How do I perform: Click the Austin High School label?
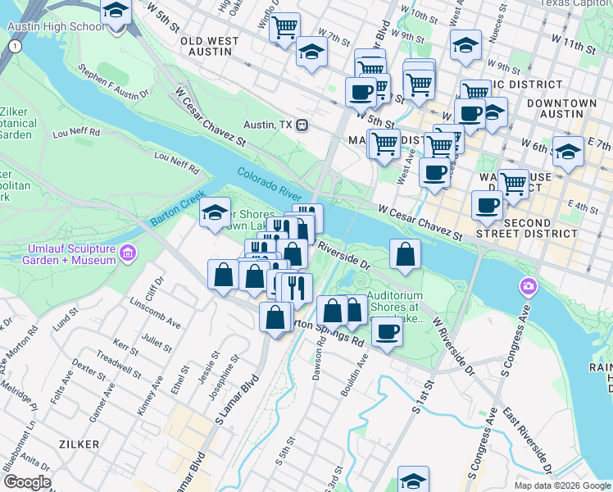tap(57, 26)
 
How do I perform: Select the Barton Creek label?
tap(176, 211)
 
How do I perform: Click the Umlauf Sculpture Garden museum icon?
tap(127, 253)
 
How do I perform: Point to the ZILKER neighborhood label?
tap(79, 443)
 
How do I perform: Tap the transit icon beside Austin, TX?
tap(302, 125)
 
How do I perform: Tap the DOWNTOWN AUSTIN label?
tap(561, 109)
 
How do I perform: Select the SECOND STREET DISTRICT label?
tap(541, 227)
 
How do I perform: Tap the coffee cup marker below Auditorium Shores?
tap(387, 331)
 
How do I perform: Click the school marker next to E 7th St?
tap(568, 152)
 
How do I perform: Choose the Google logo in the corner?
tap(27, 481)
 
